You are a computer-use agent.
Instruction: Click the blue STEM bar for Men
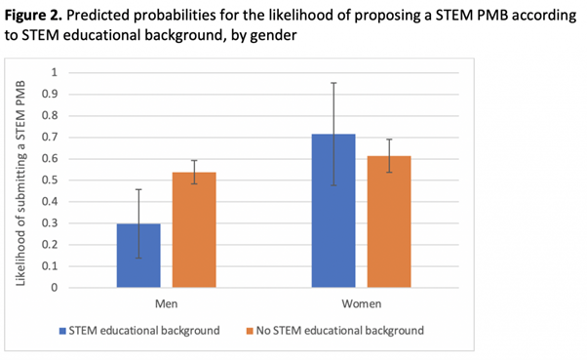coord(138,256)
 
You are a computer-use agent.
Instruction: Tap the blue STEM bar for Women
coord(333,211)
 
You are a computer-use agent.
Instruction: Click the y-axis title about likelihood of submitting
coord(21,180)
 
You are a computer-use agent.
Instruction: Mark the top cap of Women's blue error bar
coord(333,83)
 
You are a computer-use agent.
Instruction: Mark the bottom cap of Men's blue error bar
coord(138,259)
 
